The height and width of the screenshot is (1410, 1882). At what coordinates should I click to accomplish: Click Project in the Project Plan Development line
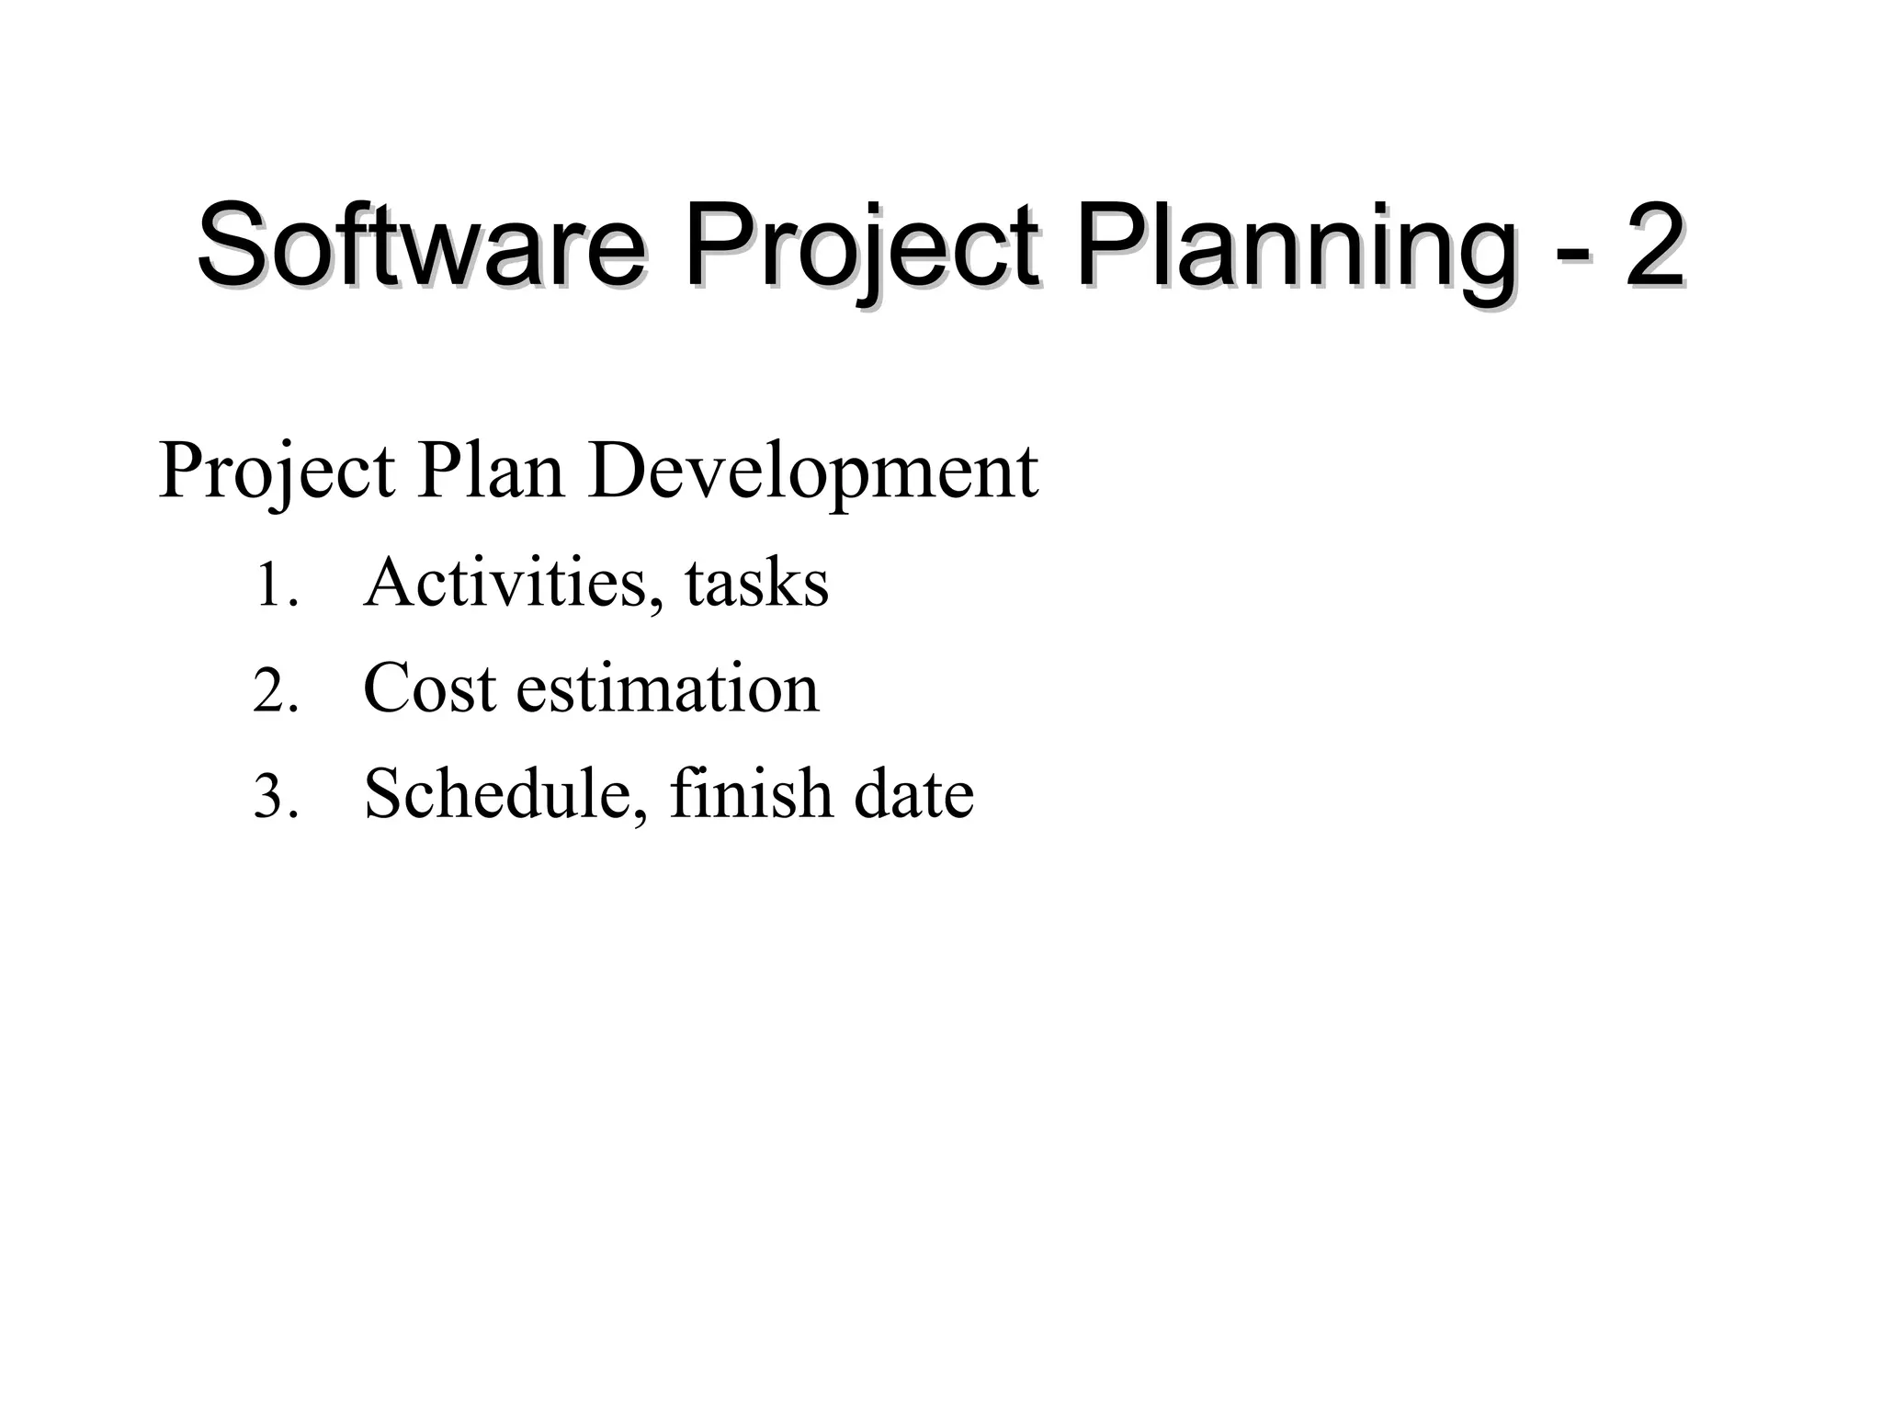coord(277,473)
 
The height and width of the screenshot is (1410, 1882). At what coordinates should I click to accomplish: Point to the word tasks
coord(756,584)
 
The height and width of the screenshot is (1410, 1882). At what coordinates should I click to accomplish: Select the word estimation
coord(667,688)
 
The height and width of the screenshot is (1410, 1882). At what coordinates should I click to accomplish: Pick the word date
coord(913,794)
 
